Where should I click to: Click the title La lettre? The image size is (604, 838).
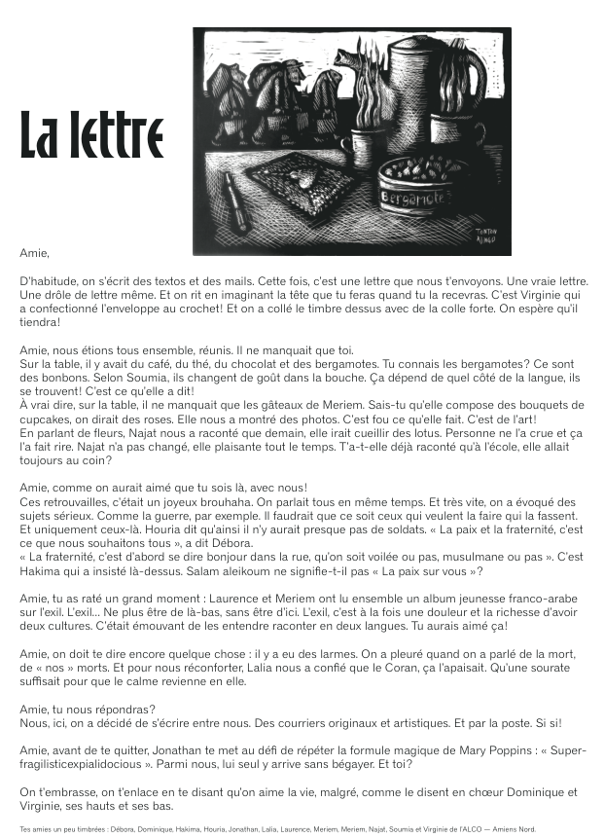point(91,136)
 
